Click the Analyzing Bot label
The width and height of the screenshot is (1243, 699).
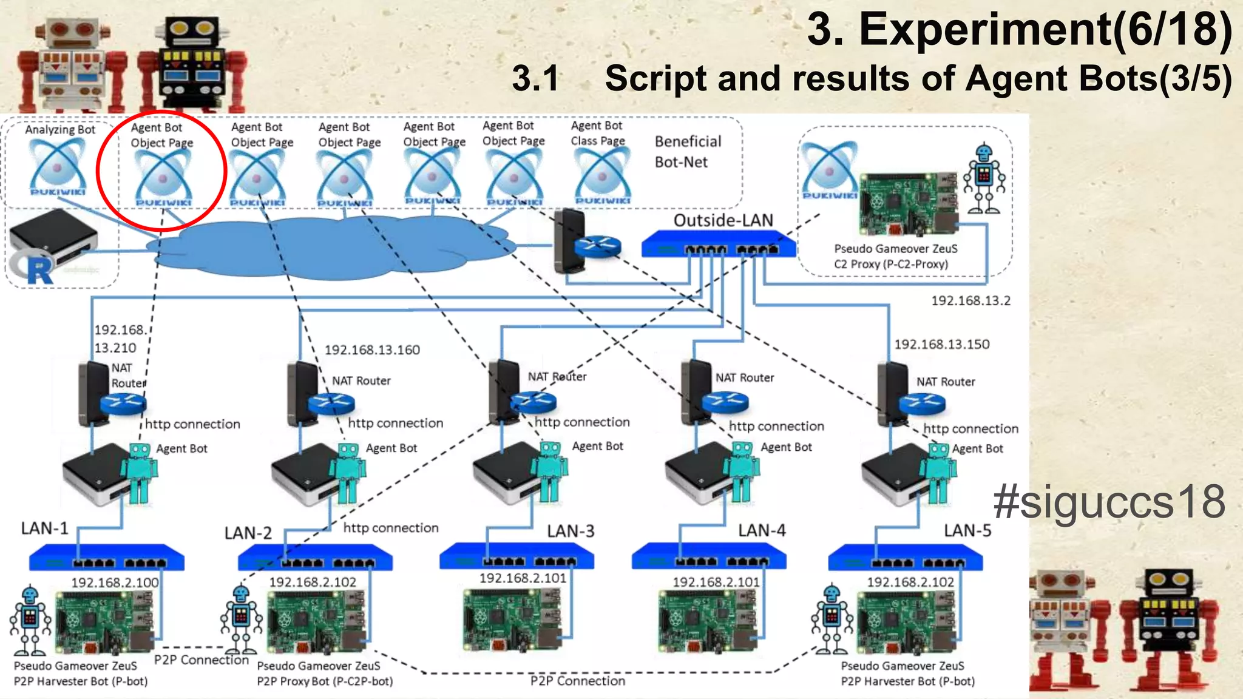coord(59,129)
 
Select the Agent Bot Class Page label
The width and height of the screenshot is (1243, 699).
coord(597,133)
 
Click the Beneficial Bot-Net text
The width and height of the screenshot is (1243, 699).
coord(687,152)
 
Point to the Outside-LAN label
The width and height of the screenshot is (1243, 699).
coord(723,220)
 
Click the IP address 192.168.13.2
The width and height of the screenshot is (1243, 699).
coord(970,301)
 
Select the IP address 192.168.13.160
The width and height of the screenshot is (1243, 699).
coord(372,350)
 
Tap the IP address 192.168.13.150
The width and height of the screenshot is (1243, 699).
coord(941,345)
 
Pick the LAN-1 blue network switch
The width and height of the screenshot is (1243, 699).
coord(107,558)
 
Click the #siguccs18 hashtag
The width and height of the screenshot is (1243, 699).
coord(1109,502)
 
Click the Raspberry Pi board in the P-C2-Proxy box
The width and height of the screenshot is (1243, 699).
coord(908,204)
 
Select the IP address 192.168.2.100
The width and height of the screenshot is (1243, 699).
coord(115,582)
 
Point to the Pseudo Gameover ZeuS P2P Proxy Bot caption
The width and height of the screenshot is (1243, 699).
coord(325,674)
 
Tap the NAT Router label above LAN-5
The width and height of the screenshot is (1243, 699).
coord(945,382)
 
